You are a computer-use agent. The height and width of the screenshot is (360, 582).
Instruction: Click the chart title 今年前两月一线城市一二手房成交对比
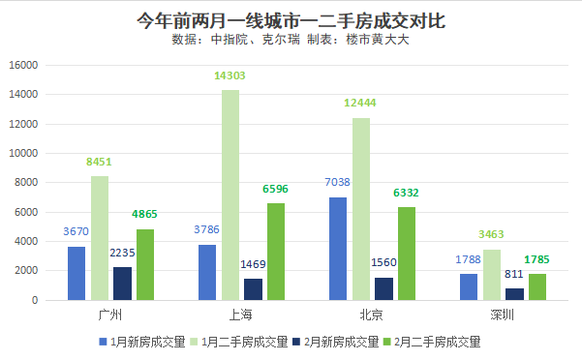[291, 20]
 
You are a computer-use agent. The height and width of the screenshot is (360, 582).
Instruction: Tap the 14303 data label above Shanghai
[230, 75]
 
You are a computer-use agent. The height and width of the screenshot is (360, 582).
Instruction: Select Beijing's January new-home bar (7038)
[338, 249]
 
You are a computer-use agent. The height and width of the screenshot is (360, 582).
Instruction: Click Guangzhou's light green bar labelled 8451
[100, 238]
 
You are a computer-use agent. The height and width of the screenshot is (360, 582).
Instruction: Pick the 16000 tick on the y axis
[22, 65]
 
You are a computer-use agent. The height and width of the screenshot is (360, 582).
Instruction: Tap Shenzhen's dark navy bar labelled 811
[515, 293]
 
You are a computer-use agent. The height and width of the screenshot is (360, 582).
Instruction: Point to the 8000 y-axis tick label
[25, 183]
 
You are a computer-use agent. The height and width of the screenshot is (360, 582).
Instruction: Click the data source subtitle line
[291, 41]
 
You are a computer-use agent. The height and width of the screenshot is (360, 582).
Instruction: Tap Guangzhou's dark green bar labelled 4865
[145, 264]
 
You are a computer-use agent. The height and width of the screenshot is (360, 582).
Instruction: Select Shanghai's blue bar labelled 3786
[207, 272]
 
